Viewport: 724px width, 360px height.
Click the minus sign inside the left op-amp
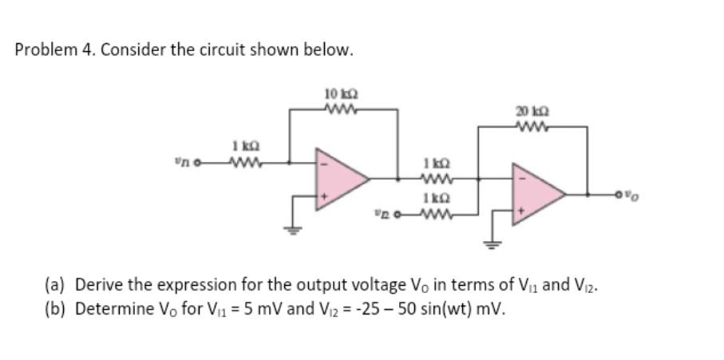point(323,165)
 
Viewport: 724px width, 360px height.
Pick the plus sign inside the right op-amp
point(520,209)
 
